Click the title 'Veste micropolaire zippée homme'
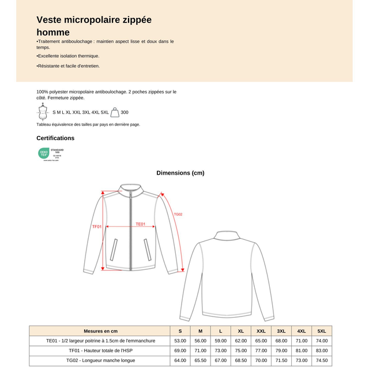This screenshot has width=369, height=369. point(94,26)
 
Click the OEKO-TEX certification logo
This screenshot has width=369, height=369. point(50,153)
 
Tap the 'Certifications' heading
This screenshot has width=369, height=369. point(55,138)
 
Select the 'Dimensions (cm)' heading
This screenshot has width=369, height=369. point(180,172)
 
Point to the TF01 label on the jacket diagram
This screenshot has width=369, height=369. point(96,227)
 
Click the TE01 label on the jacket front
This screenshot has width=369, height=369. point(141,224)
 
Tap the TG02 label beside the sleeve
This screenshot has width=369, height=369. point(178,214)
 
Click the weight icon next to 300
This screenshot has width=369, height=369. point(115,112)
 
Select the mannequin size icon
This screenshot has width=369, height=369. point(42,112)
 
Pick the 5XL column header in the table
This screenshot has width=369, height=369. point(322,331)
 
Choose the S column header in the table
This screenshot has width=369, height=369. point(180,331)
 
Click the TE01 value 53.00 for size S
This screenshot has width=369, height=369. point(180,341)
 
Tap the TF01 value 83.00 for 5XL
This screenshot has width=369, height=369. point(322,351)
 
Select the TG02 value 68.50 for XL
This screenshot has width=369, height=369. point(240,360)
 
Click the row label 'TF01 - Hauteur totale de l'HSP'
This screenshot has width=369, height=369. point(100,351)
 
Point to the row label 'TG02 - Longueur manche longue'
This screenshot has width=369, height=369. point(100,360)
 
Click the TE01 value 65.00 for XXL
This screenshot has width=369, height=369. point(261,341)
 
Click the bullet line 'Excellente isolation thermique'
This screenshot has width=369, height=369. point(68,56)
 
